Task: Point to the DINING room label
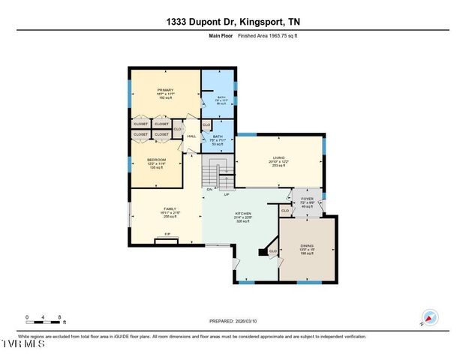[x=306, y=246]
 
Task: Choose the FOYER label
[x=307, y=199]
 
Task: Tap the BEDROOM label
[x=155, y=160]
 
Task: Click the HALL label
[x=191, y=136]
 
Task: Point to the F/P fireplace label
[x=167, y=235]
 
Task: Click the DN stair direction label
[x=211, y=189]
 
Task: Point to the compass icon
[x=429, y=318]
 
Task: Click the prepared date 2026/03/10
[x=233, y=321]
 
